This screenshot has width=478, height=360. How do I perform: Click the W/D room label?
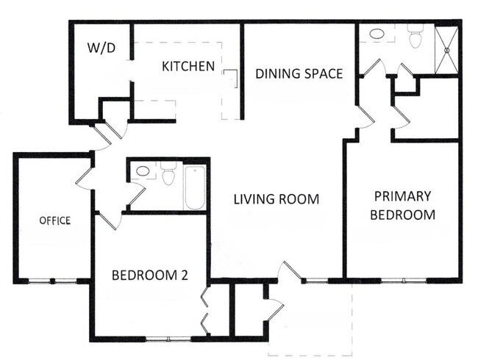pyautogui.click(x=102, y=50)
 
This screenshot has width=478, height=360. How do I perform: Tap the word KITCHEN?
pyautogui.click(x=188, y=66)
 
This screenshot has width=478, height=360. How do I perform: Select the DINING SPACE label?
pyautogui.click(x=299, y=73)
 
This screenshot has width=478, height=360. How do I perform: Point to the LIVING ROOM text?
pyautogui.click(x=277, y=199)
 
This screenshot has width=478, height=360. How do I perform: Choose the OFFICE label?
pyautogui.click(x=55, y=220)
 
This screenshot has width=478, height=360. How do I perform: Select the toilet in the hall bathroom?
pyautogui.click(x=168, y=175)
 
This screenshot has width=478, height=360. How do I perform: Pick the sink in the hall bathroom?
pyautogui.click(x=143, y=172)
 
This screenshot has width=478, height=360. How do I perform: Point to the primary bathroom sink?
pyautogui.click(x=377, y=34)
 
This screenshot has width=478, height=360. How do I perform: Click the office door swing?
pyautogui.click(x=85, y=176)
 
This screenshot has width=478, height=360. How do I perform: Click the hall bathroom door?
pyautogui.click(x=137, y=195)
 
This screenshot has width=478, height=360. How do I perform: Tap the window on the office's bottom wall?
pyautogui.click(x=52, y=281)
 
